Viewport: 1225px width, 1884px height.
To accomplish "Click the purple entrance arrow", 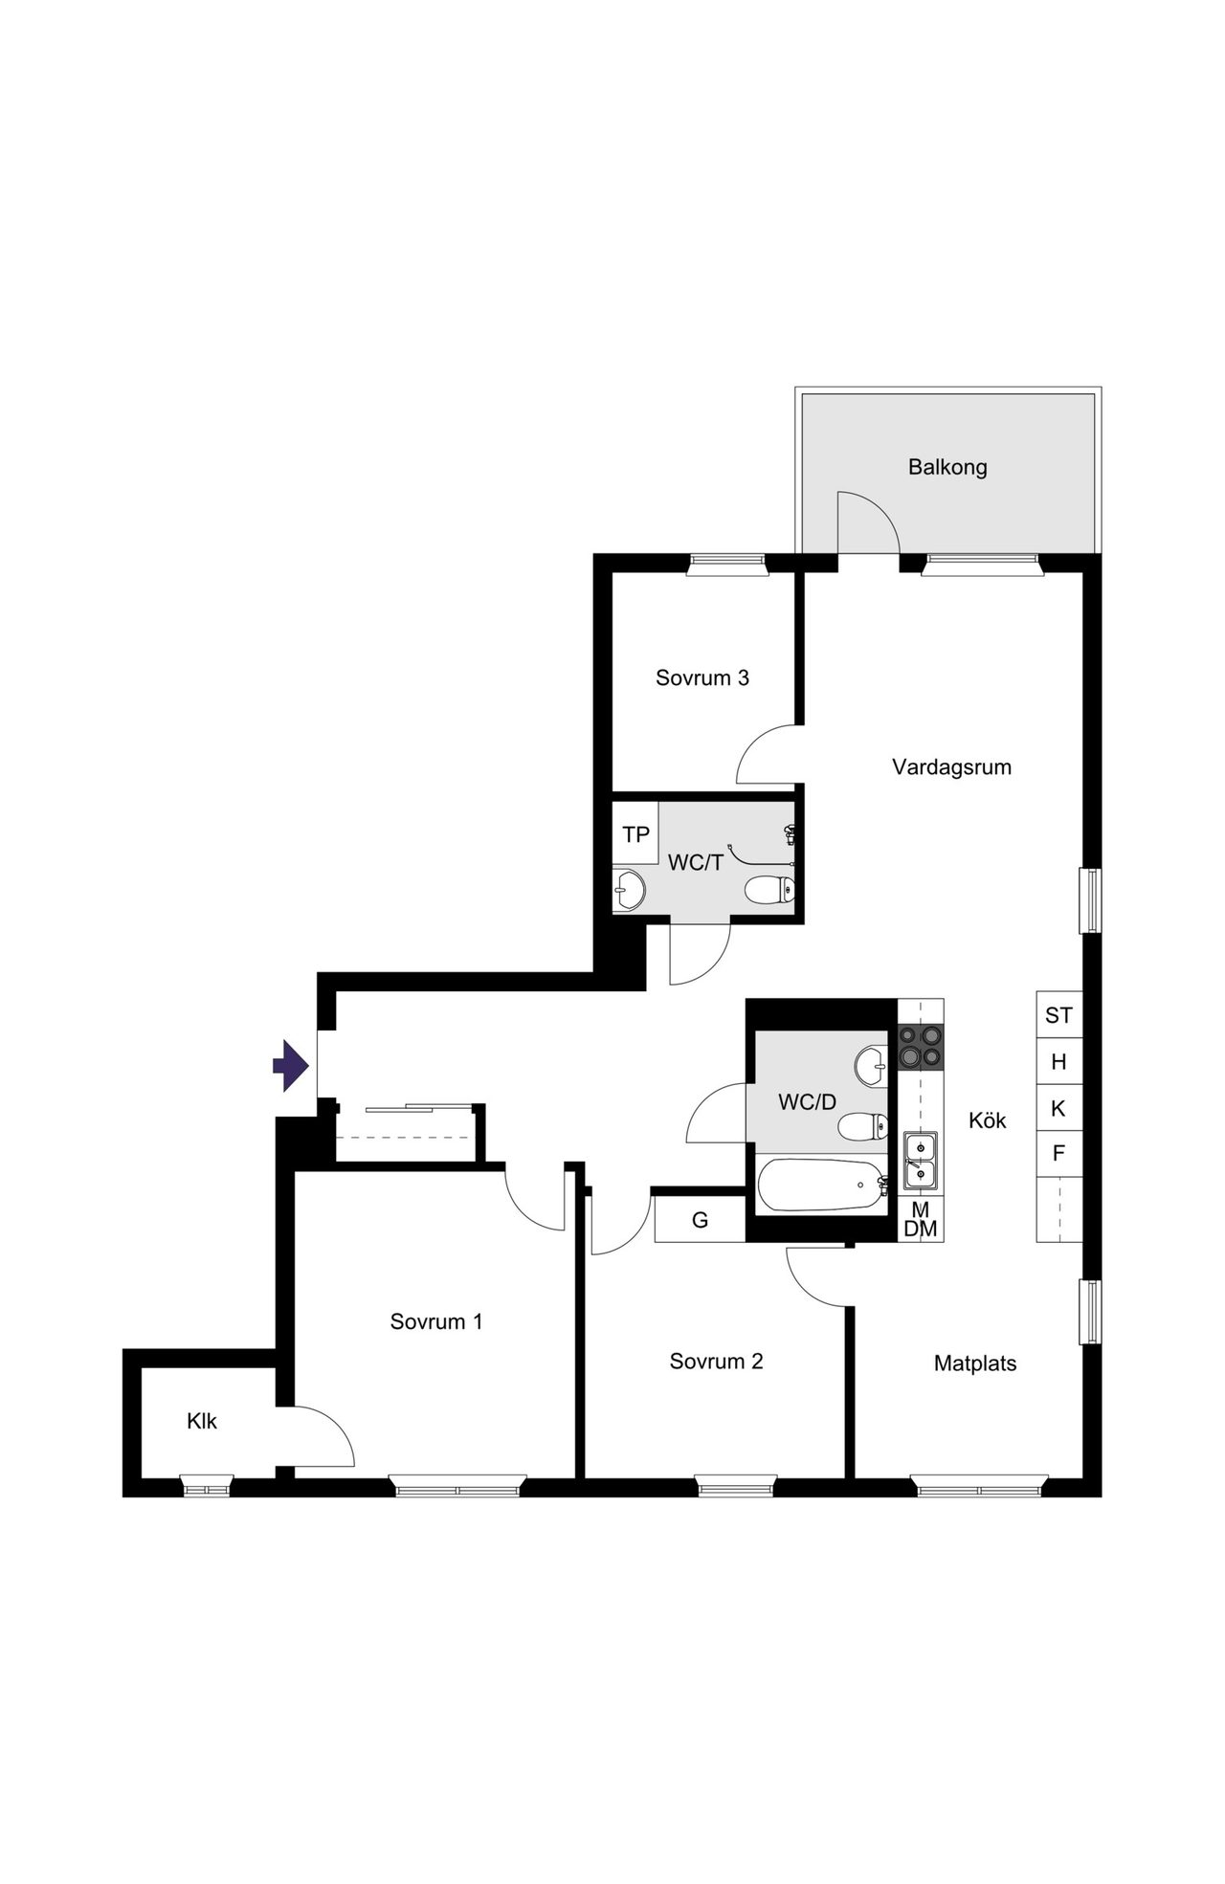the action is [291, 1065].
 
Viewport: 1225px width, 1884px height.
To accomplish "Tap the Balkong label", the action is [947, 467].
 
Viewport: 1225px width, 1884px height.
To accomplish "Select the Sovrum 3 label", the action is [702, 677].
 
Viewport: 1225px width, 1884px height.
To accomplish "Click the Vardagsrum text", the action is [951, 766].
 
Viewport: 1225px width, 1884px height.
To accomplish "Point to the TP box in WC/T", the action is [635, 834].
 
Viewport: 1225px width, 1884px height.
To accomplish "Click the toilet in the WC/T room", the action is [769, 890].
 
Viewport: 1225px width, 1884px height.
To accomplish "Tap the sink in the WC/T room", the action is [629, 890].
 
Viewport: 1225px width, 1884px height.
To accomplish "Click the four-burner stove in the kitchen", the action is [921, 1047].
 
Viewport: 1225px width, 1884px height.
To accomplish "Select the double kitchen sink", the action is [921, 1161].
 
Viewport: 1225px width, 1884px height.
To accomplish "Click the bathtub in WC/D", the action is [822, 1186].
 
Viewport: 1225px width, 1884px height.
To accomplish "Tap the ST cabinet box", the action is [1059, 1014].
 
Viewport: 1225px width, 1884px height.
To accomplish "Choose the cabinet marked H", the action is [1059, 1061].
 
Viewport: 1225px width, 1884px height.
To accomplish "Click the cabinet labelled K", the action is [1059, 1108].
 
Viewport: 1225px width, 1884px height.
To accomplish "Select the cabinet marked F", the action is [1059, 1154].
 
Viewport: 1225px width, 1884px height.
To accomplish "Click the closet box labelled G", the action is [701, 1220].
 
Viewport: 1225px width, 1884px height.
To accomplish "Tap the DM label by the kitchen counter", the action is [921, 1230].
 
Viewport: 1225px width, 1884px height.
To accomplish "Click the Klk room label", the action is [202, 1421].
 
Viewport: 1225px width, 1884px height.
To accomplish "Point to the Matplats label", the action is [975, 1363].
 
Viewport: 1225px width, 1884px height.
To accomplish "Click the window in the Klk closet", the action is [207, 1488].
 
